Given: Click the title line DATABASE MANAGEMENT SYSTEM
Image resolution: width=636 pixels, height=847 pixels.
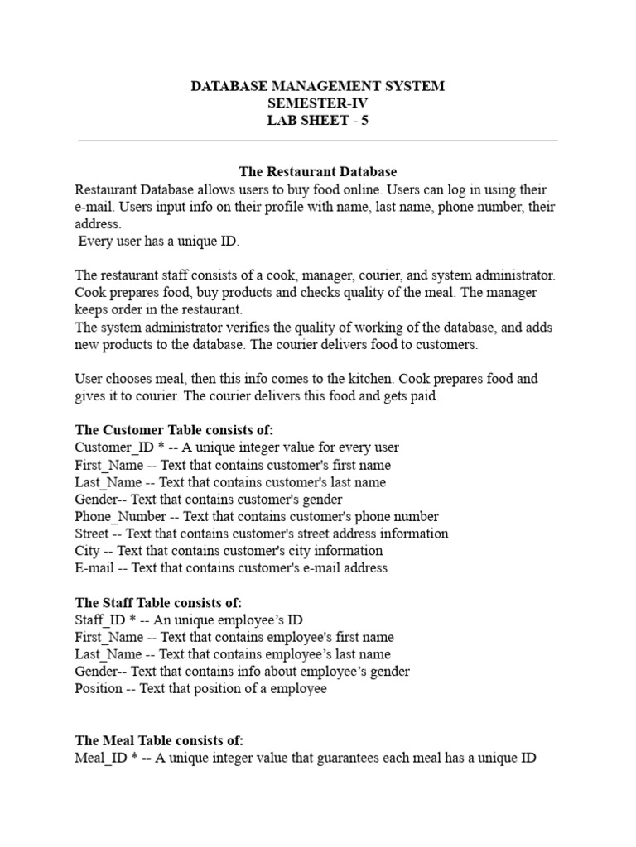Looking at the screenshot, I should click(318, 86).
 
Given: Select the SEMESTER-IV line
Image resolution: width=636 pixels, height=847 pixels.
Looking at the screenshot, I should click(318, 103).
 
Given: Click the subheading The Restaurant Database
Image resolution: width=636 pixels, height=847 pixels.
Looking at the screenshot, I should click(318, 172).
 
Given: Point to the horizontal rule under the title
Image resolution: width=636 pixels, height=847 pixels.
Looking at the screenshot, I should click(318, 141).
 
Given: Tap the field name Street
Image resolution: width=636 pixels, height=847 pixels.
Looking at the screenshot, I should click(91, 534).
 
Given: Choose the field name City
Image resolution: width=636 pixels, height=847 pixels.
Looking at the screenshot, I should click(87, 551).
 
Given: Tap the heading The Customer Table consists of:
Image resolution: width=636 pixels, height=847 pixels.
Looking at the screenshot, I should click(174, 430).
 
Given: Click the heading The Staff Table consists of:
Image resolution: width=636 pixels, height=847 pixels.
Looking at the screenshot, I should click(158, 603).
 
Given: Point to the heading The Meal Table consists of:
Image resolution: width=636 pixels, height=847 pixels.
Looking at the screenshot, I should click(159, 740).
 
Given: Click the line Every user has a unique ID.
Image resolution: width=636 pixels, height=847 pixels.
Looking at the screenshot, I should click(158, 242).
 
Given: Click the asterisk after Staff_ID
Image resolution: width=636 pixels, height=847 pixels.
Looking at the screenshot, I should click(133, 620).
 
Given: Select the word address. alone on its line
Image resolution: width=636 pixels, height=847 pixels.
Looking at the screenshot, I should click(98, 224).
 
